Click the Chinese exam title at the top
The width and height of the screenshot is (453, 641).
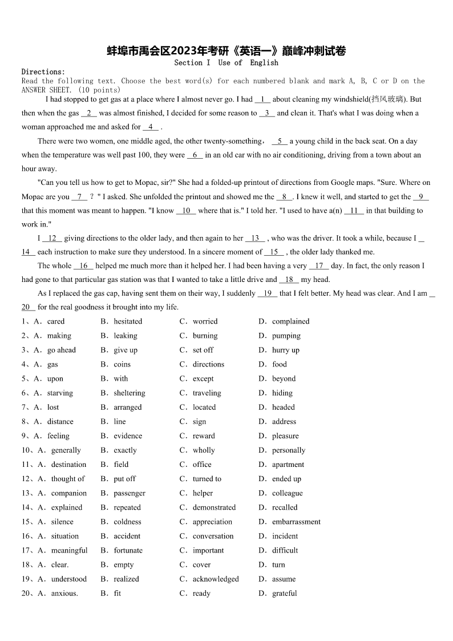(226, 51)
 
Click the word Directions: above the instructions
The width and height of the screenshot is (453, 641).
(43, 72)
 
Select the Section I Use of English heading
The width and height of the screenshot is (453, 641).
(226, 63)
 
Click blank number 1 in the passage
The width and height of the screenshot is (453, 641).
(262, 99)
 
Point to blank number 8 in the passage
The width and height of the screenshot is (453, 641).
(284, 197)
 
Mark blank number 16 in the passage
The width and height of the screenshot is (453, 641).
(83, 266)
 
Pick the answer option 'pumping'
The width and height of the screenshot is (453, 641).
(286, 336)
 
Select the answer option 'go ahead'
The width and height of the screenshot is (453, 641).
(62, 350)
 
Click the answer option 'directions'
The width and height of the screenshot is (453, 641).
(208, 364)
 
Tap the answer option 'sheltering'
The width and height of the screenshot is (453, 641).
(129, 393)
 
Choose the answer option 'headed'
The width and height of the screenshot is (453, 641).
(283, 407)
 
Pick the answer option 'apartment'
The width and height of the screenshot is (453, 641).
(288, 465)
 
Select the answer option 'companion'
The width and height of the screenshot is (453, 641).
(69, 493)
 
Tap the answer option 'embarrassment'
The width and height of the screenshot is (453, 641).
(296, 522)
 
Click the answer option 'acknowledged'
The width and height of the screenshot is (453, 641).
(216, 579)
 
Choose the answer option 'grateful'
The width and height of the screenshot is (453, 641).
(284, 593)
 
